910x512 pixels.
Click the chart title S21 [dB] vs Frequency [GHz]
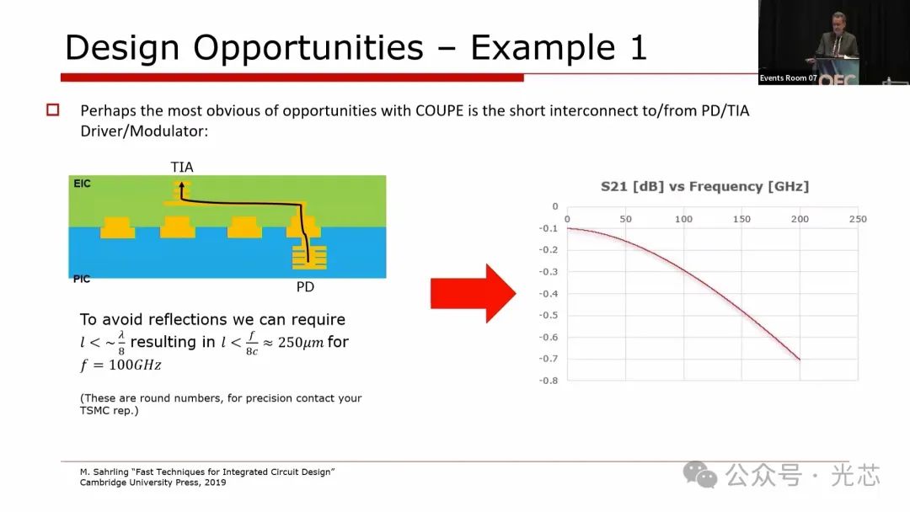704,187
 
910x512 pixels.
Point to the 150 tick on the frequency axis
741,219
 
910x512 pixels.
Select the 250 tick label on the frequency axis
858,219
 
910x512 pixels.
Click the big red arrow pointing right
473,293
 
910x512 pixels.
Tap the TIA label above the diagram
182,167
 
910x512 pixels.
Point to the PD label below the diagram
305,287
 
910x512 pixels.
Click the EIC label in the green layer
82,184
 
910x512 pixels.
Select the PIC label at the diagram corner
82,280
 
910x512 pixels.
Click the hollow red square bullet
53,109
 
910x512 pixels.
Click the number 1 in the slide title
639,47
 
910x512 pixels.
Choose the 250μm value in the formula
301,343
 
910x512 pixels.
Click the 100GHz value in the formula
135,365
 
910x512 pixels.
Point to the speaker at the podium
838,42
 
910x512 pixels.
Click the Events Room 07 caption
788,77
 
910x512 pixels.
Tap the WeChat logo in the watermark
700,475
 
